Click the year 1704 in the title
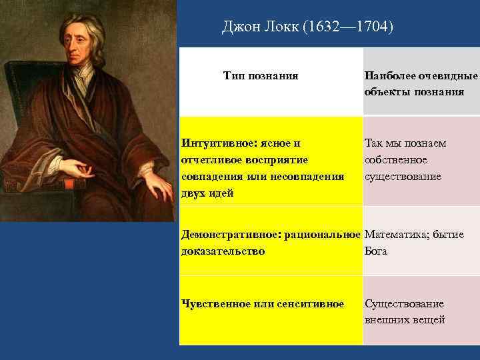pyautogui.click(x=373, y=27)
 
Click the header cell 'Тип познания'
pyautogui.click(x=261, y=76)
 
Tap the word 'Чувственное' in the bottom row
pyautogui.click(x=215, y=304)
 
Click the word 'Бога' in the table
pyautogui.click(x=376, y=251)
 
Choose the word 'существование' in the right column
pyautogui.click(x=403, y=177)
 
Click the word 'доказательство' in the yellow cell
pyautogui.click(x=223, y=251)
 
